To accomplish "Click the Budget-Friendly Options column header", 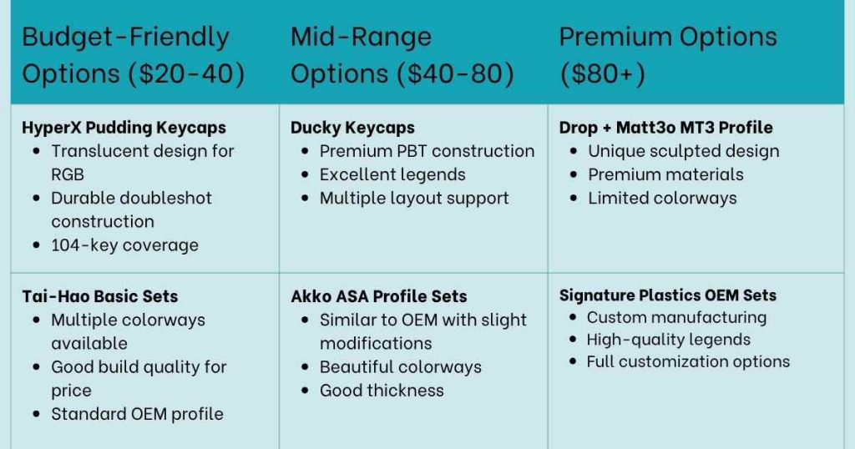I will (x=134, y=55).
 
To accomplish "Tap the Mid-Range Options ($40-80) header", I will (x=402, y=55).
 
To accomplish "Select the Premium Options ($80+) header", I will (x=668, y=55).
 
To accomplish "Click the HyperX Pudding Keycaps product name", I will (x=124, y=128).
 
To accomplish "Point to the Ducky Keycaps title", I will (x=352, y=128).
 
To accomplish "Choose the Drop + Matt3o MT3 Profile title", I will (x=665, y=128).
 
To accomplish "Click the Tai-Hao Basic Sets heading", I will (x=100, y=296).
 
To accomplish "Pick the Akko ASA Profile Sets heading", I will (x=378, y=296).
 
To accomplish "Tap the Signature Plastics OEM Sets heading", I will (x=667, y=295).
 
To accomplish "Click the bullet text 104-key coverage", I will (x=124, y=245).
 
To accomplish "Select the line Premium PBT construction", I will (x=427, y=151).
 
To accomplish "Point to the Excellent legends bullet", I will (x=392, y=174).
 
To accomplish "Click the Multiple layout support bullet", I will (x=414, y=198).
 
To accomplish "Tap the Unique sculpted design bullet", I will (x=683, y=151).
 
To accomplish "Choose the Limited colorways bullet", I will (x=662, y=198).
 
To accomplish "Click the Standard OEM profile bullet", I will (x=137, y=414).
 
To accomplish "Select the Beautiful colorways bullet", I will (x=401, y=367).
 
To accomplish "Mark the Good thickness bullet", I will (x=382, y=391).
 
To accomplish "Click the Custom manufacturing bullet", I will (x=676, y=318).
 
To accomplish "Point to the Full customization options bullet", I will (x=688, y=361).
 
